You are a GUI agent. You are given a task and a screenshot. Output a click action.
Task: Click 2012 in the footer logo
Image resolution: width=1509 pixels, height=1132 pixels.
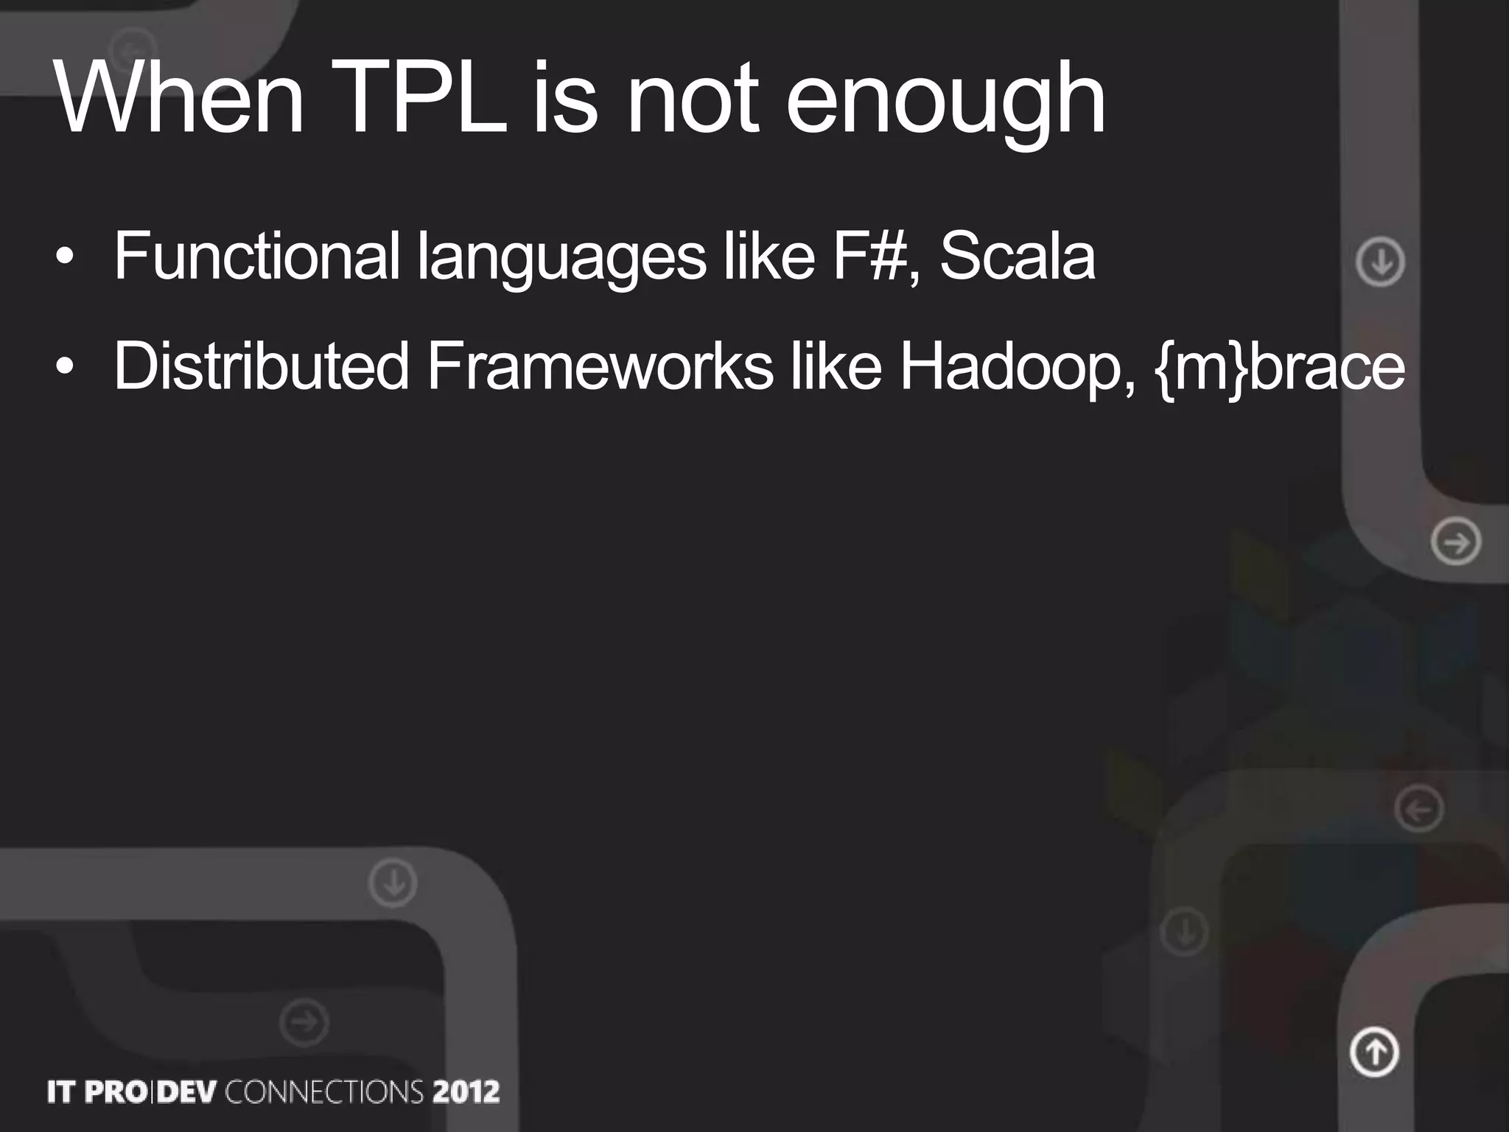pos(466,1091)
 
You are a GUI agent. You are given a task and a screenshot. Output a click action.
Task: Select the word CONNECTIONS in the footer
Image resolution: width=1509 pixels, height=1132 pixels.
pos(324,1091)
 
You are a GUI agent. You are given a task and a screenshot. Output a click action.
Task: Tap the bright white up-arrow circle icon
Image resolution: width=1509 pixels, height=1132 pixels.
pos(1374,1052)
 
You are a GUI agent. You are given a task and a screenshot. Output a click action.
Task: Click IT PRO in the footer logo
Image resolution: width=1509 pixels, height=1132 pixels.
pos(97,1091)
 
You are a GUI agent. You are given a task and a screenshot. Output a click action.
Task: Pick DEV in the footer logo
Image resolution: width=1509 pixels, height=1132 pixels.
pos(187,1091)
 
